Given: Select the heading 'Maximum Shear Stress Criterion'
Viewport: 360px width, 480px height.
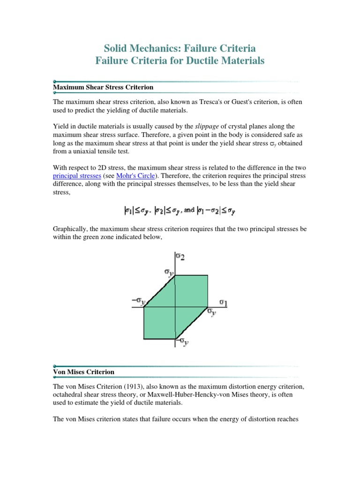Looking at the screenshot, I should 103,87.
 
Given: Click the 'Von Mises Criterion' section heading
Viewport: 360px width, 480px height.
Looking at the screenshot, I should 83,372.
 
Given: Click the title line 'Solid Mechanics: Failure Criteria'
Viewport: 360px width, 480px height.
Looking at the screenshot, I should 180,48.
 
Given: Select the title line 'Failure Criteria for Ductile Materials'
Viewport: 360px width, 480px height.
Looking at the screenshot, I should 180,61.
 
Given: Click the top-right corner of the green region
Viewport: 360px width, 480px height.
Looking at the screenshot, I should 207,275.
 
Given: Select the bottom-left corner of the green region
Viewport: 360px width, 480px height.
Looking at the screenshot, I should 144,338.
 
